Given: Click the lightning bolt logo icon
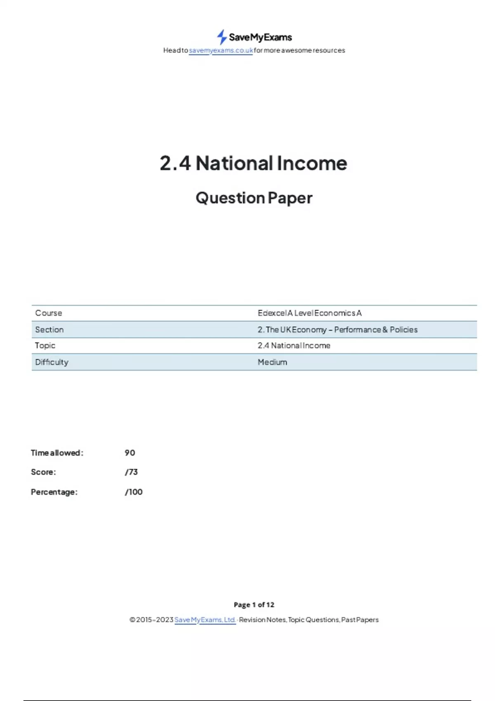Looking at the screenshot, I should [x=222, y=37].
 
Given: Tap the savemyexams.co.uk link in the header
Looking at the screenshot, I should [x=221, y=50].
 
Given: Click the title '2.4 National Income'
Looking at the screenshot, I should [x=253, y=163].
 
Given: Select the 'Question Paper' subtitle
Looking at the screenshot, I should [x=254, y=198].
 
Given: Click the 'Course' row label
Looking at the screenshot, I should [x=49, y=313].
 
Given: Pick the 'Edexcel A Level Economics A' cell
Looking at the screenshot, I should [x=309, y=313].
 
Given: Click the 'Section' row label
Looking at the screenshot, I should [x=49, y=329].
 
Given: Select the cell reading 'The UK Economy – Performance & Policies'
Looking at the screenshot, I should [x=337, y=329].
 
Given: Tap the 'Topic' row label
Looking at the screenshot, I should [x=45, y=346].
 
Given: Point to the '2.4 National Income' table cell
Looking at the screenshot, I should [x=294, y=346].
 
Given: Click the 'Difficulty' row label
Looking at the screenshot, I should [x=52, y=362].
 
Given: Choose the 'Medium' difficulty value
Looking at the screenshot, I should [x=272, y=362].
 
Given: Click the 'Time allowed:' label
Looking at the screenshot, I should [x=57, y=453].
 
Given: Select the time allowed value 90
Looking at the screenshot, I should [x=130, y=453].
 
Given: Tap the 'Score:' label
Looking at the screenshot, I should [x=43, y=472].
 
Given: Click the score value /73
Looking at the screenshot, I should [x=131, y=472].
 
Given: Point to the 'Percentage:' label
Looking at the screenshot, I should [x=54, y=492].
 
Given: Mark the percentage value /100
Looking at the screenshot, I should [x=134, y=492].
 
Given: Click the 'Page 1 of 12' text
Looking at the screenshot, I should [x=254, y=605].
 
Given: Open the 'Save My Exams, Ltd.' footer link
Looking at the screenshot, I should [x=205, y=620].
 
